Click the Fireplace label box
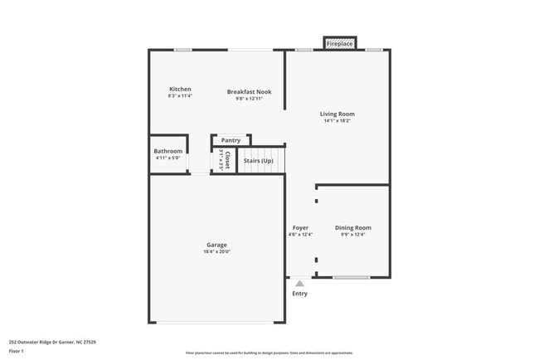(340, 43)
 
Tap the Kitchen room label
(180, 89)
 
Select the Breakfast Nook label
(249, 91)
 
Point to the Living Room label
(337, 114)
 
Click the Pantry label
(231, 140)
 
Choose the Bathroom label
(168, 151)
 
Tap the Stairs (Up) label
(258, 160)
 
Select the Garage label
(216, 245)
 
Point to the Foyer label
(300, 227)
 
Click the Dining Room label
(352, 227)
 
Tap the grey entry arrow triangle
(299, 284)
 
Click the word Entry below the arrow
(299, 294)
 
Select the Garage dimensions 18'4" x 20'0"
(216, 251)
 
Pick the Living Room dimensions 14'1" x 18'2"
(337, 121)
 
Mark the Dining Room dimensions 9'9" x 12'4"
(352, 234)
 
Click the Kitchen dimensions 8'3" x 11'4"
(180, 96)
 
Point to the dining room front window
(352, 277)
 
